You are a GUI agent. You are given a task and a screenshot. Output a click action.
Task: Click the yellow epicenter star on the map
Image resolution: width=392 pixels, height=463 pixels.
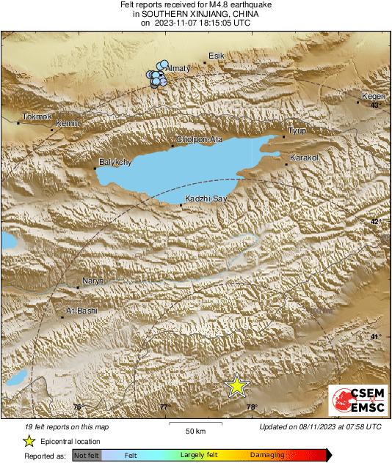(237, 386)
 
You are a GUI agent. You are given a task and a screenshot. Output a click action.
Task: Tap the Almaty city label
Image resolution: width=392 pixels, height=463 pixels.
(179, 68)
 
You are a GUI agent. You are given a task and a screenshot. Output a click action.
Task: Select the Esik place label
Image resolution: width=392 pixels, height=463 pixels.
(216, 56)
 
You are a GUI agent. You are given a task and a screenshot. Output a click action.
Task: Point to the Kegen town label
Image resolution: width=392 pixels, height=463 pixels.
(373, 97)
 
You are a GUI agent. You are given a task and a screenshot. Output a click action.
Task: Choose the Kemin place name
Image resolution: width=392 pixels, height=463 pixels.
(67, 124)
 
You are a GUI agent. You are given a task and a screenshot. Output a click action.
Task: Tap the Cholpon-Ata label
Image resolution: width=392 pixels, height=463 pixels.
(199, 139)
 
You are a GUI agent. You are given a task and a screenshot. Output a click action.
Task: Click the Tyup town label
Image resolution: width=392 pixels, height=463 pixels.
(297, 131)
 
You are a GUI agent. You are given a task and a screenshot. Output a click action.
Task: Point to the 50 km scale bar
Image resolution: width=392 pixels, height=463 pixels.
(194, 423)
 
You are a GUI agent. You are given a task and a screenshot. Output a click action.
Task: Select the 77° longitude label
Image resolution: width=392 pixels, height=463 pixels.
(164, 407)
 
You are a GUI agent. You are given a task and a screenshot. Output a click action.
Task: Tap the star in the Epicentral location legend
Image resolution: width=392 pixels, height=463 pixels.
(29, 441)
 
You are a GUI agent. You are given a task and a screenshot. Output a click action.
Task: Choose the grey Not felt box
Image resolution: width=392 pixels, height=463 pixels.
(87, 455)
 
